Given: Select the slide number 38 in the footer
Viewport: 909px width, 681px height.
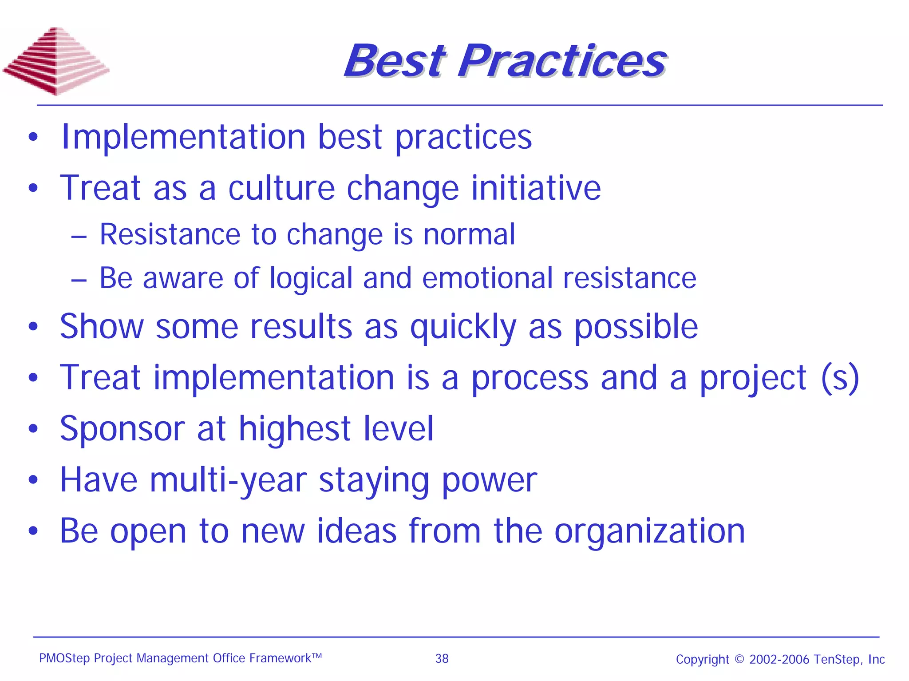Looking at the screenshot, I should tap(442, 658).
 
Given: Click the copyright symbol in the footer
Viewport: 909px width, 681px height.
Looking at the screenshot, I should tap(739, 659).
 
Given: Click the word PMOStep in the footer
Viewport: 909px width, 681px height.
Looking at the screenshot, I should tap(64, 658).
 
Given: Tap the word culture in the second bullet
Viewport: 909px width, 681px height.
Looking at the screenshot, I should tap(281, 188).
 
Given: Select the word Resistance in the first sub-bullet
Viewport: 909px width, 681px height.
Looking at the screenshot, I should tap(170, 234).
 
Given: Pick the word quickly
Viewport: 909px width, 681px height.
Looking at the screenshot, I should tap(463, 328).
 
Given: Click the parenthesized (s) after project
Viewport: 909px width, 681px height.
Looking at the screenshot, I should tap(840, 378).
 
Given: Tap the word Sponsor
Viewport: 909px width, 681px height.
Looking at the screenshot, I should tap(122, 429).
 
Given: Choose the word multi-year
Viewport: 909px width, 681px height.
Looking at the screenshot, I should tap(228, 481).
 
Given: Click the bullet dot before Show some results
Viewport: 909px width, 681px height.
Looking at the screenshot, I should tap(33, 327).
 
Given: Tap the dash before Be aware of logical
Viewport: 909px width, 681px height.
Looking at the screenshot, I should tap(79, 280).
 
